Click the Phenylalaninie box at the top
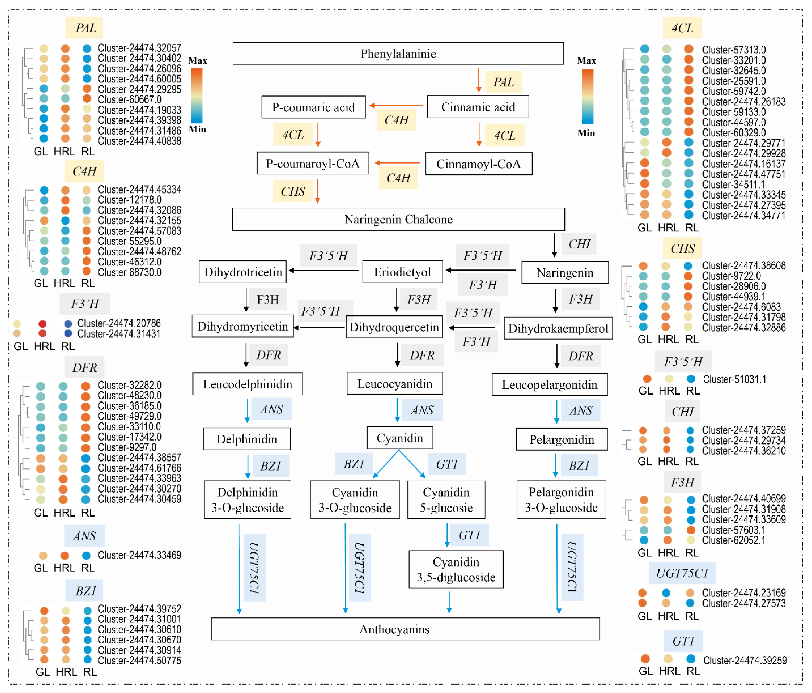(x=398, y=53)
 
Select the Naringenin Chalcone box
(x=398, y=219)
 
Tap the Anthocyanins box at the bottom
(x=405, y=629)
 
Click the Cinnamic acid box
(x=478, y=107)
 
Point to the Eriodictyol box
(x=402, y=272)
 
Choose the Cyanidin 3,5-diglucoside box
(x=456, y=569)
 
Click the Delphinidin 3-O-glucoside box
(x=247, y=500)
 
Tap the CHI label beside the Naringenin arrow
(x=579, y=244)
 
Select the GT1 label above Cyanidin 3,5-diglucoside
(x=469, y=535)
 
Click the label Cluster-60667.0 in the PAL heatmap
(x=129, y=99)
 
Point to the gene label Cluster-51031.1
(x=734, y=379)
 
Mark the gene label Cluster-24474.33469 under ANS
(x=140, y=555)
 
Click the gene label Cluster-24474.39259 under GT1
(x=745, y=660)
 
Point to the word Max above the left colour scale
(x=198, y=61)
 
